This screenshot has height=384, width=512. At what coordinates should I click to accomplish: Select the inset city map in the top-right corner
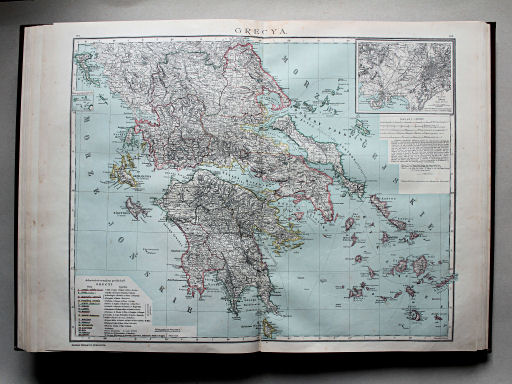click(404, 76)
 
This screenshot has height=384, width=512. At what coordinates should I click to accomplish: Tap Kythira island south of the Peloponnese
click(268, 325)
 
